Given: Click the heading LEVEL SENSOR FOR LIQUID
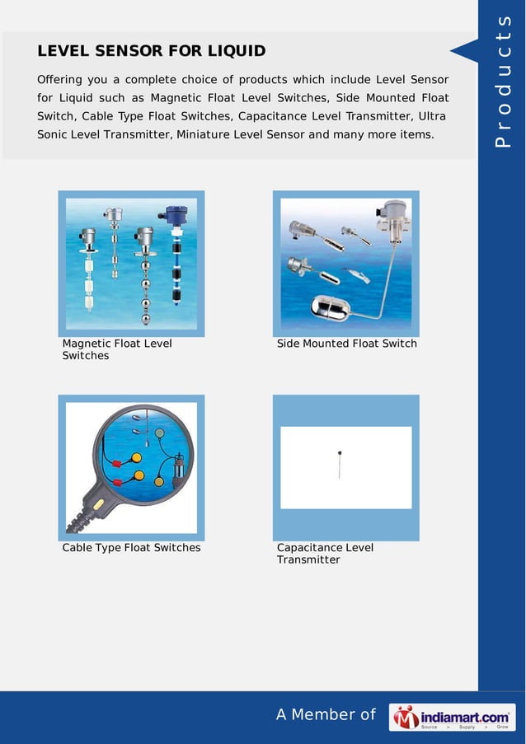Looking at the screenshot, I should [x=151, y=51].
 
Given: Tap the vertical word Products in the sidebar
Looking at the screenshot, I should [x=503, y=82].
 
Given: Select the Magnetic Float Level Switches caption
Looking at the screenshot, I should [x=117, y=349].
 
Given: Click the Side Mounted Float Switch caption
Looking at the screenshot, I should [x=346, y=344].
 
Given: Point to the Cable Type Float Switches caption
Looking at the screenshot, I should [x=131, y=548].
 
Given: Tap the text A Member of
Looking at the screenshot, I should [x=326, y=715].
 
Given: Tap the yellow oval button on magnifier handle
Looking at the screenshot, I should [x=98, y=503].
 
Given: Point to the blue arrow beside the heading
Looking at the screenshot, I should [x=463, y=51].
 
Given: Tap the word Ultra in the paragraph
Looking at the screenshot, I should [x=432, y=116].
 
